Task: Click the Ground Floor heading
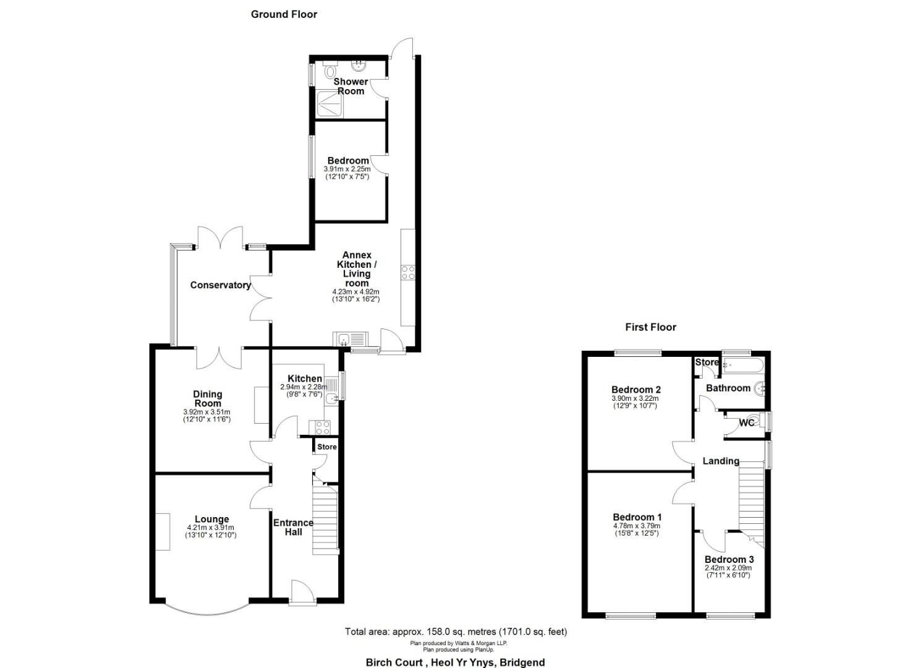point(284,14)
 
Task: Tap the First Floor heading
point(650,327)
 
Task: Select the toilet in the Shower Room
point(329,70)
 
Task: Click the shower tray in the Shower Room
point(329,104)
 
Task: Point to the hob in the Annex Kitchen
point(408,273)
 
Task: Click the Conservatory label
point(221,285)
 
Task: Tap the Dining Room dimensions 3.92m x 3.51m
point(207,412)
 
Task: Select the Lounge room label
point(211,519)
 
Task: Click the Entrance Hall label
point(294,528)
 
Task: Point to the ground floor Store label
point(327,447)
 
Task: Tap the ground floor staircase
point(325,517)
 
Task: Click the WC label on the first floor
point(747,423)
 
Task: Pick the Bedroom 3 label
point(729,559)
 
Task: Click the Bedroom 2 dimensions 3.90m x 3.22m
point(635,398)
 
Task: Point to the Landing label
point(721,461)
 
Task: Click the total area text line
point(456,632)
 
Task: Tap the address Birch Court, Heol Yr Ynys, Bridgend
point(456,662)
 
